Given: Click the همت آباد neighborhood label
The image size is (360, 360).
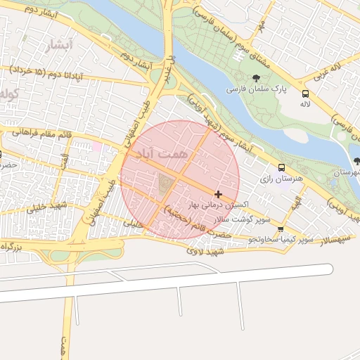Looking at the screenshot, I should pyautogui.click(x=160, y=153).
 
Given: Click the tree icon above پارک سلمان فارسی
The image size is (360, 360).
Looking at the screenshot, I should pyautogui.click(x=255, y=77).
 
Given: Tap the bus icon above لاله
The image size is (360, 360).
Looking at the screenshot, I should pyautogui.click(x=305, y=94).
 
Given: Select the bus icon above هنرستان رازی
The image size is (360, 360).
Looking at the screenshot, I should pyautogui.click(x=281, y=168).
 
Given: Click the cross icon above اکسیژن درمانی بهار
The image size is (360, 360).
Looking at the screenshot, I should pyautogui.click(x=219, y=194).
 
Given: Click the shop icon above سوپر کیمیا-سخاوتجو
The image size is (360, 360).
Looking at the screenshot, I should pyautogui.click(x=281, y=229).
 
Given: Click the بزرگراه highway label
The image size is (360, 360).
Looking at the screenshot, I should pyautogui.click(x=18, y=247).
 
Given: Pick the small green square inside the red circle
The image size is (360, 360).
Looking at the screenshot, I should pyautogui.click(x=165, y=184).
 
